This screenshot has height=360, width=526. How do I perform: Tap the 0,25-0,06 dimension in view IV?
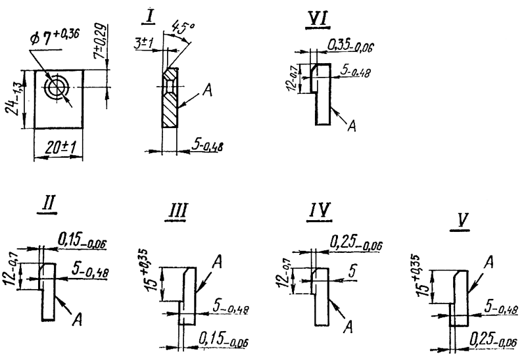tap(355, 246)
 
